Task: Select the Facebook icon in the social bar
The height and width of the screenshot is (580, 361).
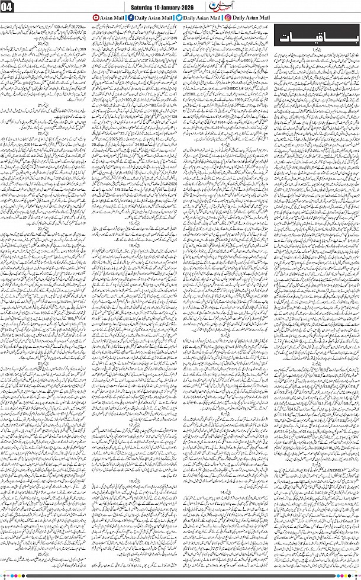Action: click(x=130, y=18)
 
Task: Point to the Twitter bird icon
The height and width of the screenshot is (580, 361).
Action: click(x=179, y=18)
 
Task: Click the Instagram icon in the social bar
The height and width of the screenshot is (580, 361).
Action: click(x=228, y=18)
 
